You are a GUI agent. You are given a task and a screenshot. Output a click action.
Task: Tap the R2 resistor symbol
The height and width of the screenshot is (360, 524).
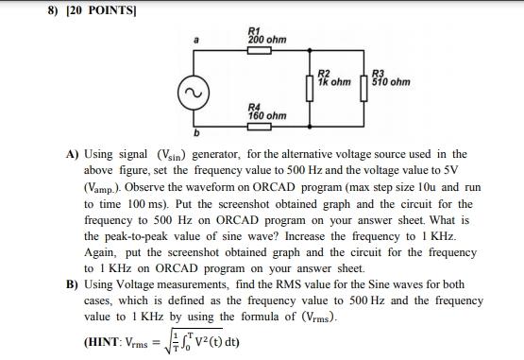pyautogui.click(x=311, y=88)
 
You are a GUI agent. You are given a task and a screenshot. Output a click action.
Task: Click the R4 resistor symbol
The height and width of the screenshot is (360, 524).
pyautogui.click(x=260, y=127)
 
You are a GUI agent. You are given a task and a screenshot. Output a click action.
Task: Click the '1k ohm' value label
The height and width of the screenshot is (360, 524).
pyautogui.click(x=333, y=82)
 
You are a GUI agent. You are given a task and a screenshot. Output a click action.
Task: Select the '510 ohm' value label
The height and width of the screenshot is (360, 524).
pyautogui.click(x=392, y=82)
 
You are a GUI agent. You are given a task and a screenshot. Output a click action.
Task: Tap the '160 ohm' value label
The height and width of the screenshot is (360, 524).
pyautogui.click(x=267, y=115)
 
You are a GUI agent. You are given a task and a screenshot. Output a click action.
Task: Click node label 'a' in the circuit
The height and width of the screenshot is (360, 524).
pyautogui.click(x=194, y=43)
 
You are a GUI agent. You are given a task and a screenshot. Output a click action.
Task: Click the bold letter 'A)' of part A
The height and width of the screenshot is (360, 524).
pyautogui.click(x=72, y=153)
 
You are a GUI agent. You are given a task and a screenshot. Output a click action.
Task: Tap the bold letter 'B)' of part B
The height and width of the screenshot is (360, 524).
pyautogui.click(x=72, y=283)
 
